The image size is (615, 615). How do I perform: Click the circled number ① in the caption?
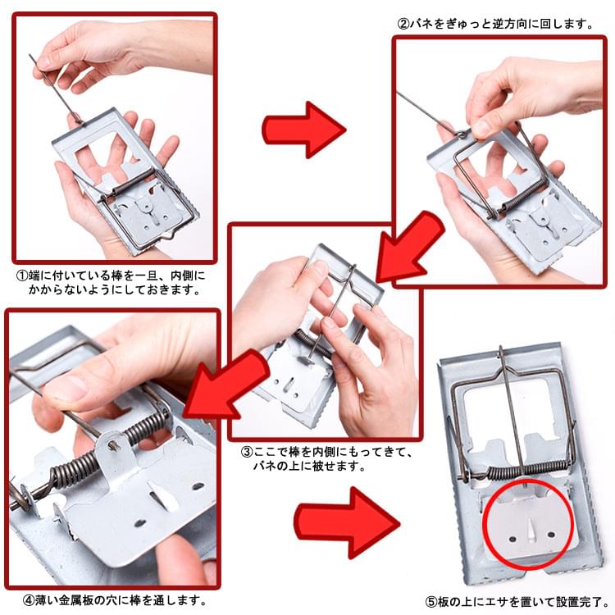(22, 276)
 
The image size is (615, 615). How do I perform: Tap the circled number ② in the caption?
(403, 25)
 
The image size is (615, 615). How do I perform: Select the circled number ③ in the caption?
(247, 452)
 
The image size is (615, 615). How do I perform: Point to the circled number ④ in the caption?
(29, 600)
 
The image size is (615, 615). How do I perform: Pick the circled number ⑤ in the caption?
(431, 602)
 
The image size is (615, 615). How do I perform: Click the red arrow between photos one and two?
(303, 130)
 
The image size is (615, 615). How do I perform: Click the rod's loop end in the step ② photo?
(462, 135)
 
